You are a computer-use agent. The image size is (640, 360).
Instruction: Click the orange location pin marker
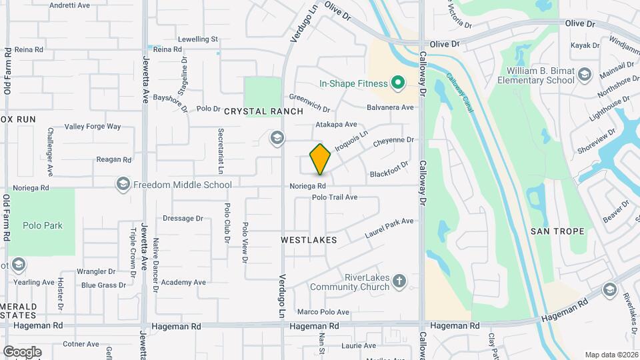coord(320,159)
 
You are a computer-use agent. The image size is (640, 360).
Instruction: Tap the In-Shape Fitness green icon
coord(398,83)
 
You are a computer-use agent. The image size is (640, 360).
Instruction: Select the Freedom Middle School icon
coord(123,185)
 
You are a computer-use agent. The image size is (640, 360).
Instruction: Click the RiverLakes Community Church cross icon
coord(399,281)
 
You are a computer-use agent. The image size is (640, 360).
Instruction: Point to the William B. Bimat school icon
coord(585,73)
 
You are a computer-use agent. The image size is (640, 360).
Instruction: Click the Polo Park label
coord(43,225)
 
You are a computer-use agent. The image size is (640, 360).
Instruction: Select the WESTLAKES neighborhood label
coord(309,239)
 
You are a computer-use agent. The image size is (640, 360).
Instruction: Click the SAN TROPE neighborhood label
coord(557,231)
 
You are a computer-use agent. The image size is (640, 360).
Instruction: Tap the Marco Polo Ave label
coord(323,312)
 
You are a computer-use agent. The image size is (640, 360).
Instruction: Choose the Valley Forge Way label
coord(93,127)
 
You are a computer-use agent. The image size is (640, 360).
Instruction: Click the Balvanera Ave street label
coord(391,107)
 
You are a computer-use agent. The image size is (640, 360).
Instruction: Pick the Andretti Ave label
coord(70,5)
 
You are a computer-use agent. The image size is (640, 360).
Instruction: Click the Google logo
coord(22,352)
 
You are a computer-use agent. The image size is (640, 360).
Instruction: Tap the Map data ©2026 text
coord(611,355)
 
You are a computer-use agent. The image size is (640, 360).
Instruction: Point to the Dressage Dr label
coord(183,218)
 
